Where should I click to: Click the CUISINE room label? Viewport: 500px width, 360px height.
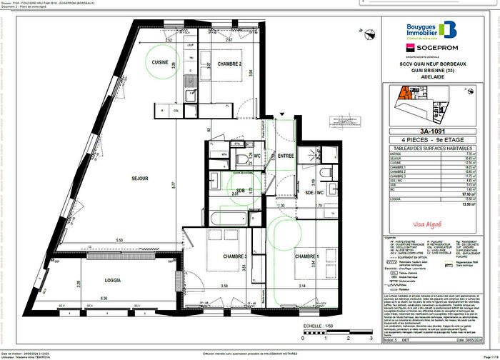(x=160, y=63)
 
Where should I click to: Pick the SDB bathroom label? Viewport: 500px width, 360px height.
(x=240, y=190)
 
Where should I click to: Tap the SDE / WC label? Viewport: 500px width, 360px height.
(x=315, y=194)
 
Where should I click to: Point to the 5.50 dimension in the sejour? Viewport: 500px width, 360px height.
(x=120, y=239)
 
